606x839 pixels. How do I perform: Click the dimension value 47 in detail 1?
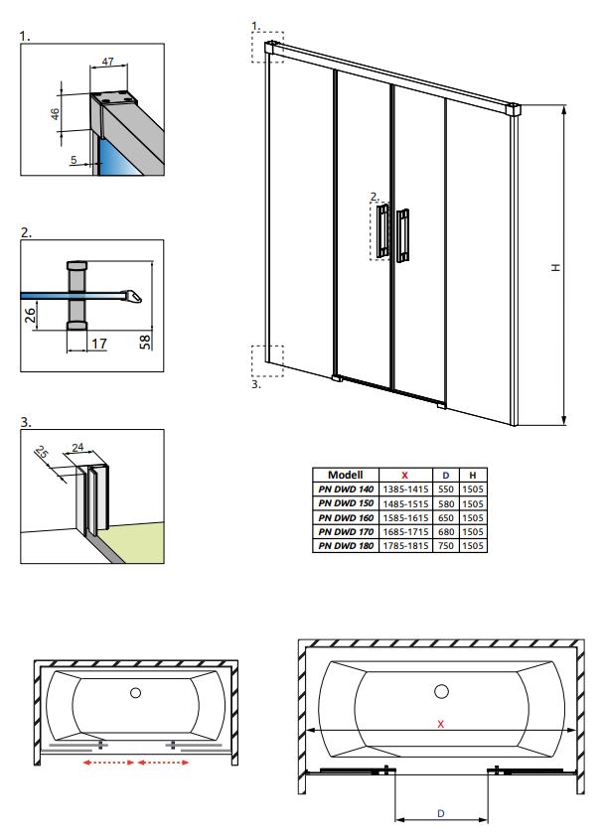(x=107, y=62)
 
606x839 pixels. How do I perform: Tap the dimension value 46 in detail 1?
(x=57, y=115)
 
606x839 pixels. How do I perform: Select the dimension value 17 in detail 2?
(x=98, y=344)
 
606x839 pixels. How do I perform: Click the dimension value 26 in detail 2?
(x=30, y=316)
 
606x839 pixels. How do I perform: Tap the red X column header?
(x=404, y=476)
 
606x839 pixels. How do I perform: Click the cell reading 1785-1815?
(x=404, y=545)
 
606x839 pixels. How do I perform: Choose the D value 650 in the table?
(x=446, y=517)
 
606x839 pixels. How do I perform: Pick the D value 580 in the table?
(x=446, y=503)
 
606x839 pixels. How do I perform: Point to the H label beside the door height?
(x=556, y=266)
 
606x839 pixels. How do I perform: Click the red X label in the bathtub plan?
(x=440, y=725)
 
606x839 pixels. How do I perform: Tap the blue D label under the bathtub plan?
(x=441, y=812)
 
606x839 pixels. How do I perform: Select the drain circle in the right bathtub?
(x=440, y=690)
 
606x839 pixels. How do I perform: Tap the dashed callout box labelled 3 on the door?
(x=267, y=360)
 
